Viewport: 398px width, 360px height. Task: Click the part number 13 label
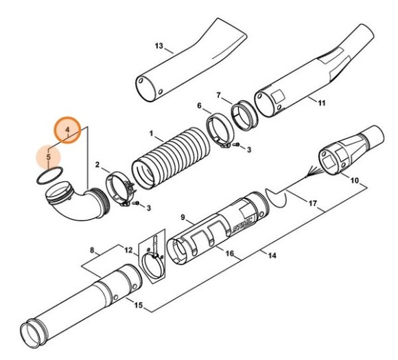pos(159,46)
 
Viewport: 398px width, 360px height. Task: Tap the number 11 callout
pos(322,103)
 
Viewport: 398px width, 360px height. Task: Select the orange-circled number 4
pos(67,130)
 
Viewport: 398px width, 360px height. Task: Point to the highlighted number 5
pos(49,157)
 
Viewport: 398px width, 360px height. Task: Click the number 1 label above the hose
pos(152,133)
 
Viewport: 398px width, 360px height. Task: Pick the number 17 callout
pos(313,203)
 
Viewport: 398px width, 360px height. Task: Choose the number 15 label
pos(139,305)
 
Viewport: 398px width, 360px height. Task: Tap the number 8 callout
pos(92,251)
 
